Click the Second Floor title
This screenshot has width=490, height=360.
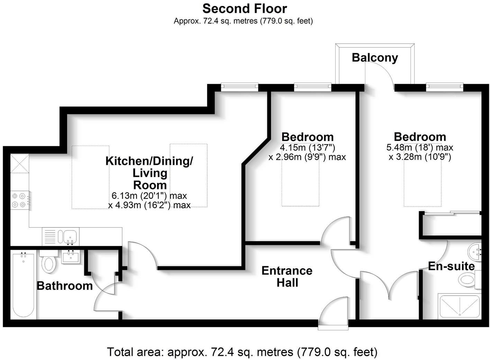click(x=245, y=8)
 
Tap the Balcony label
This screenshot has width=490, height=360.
click(x=375, y=57)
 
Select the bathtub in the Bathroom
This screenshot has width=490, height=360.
click(x=23, y=285)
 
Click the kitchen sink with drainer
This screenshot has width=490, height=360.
click(x=61, y=236)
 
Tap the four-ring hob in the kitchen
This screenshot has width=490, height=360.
click(x=20, y=200)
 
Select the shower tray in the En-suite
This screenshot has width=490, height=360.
click(x=459, y=306)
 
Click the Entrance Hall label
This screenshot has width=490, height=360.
click(x=287, y=276)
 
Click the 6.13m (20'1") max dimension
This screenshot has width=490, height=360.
click(x=149, y=196)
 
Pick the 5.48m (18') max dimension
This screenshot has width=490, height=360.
click(x=419, y=147)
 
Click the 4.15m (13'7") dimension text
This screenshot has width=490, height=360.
click(x=307, y=147)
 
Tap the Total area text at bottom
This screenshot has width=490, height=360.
click(x=242, y=352)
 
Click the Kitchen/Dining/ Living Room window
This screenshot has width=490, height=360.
click(x=239, y=87)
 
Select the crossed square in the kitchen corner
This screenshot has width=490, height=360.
click(x=19, y=163)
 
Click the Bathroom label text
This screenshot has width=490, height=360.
click(x=65, y=286)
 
